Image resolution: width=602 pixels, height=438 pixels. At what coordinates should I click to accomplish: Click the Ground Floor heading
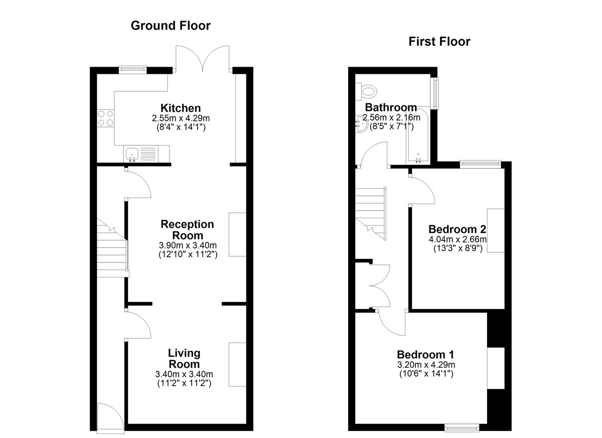click(x=171, y=26)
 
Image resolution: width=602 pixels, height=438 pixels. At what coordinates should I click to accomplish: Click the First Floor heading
click(x=439, y=42)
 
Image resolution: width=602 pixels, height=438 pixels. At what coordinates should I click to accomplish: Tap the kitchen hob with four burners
click(x=106, y=118)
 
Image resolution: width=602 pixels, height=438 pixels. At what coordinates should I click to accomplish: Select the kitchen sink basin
click(x=132, y=155)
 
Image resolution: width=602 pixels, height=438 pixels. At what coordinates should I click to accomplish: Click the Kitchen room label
click(x=181, y=108)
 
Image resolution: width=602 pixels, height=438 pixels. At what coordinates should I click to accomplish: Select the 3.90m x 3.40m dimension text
click(x=188, y=245)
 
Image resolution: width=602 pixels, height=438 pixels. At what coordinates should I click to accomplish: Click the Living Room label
click(x=184, y=358)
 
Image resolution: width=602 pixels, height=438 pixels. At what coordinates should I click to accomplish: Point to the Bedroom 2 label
click(x=457, y=229)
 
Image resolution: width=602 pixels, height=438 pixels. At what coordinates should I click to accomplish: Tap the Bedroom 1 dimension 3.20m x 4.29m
click(x=426, y=365)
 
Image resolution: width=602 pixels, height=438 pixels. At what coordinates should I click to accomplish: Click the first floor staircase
click(x=371, y=214)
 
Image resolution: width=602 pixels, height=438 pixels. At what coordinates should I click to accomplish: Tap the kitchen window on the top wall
click(x=133, y=70)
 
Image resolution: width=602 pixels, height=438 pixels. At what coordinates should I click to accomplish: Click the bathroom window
click(x=434, y=93)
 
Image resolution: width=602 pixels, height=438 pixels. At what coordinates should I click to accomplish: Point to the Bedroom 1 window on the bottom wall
click(x=462, y=427)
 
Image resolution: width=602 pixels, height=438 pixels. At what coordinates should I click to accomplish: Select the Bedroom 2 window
click(x=481, y=164)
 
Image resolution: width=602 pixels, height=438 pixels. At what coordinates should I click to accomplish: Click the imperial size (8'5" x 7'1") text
click(x=392, y=126)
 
